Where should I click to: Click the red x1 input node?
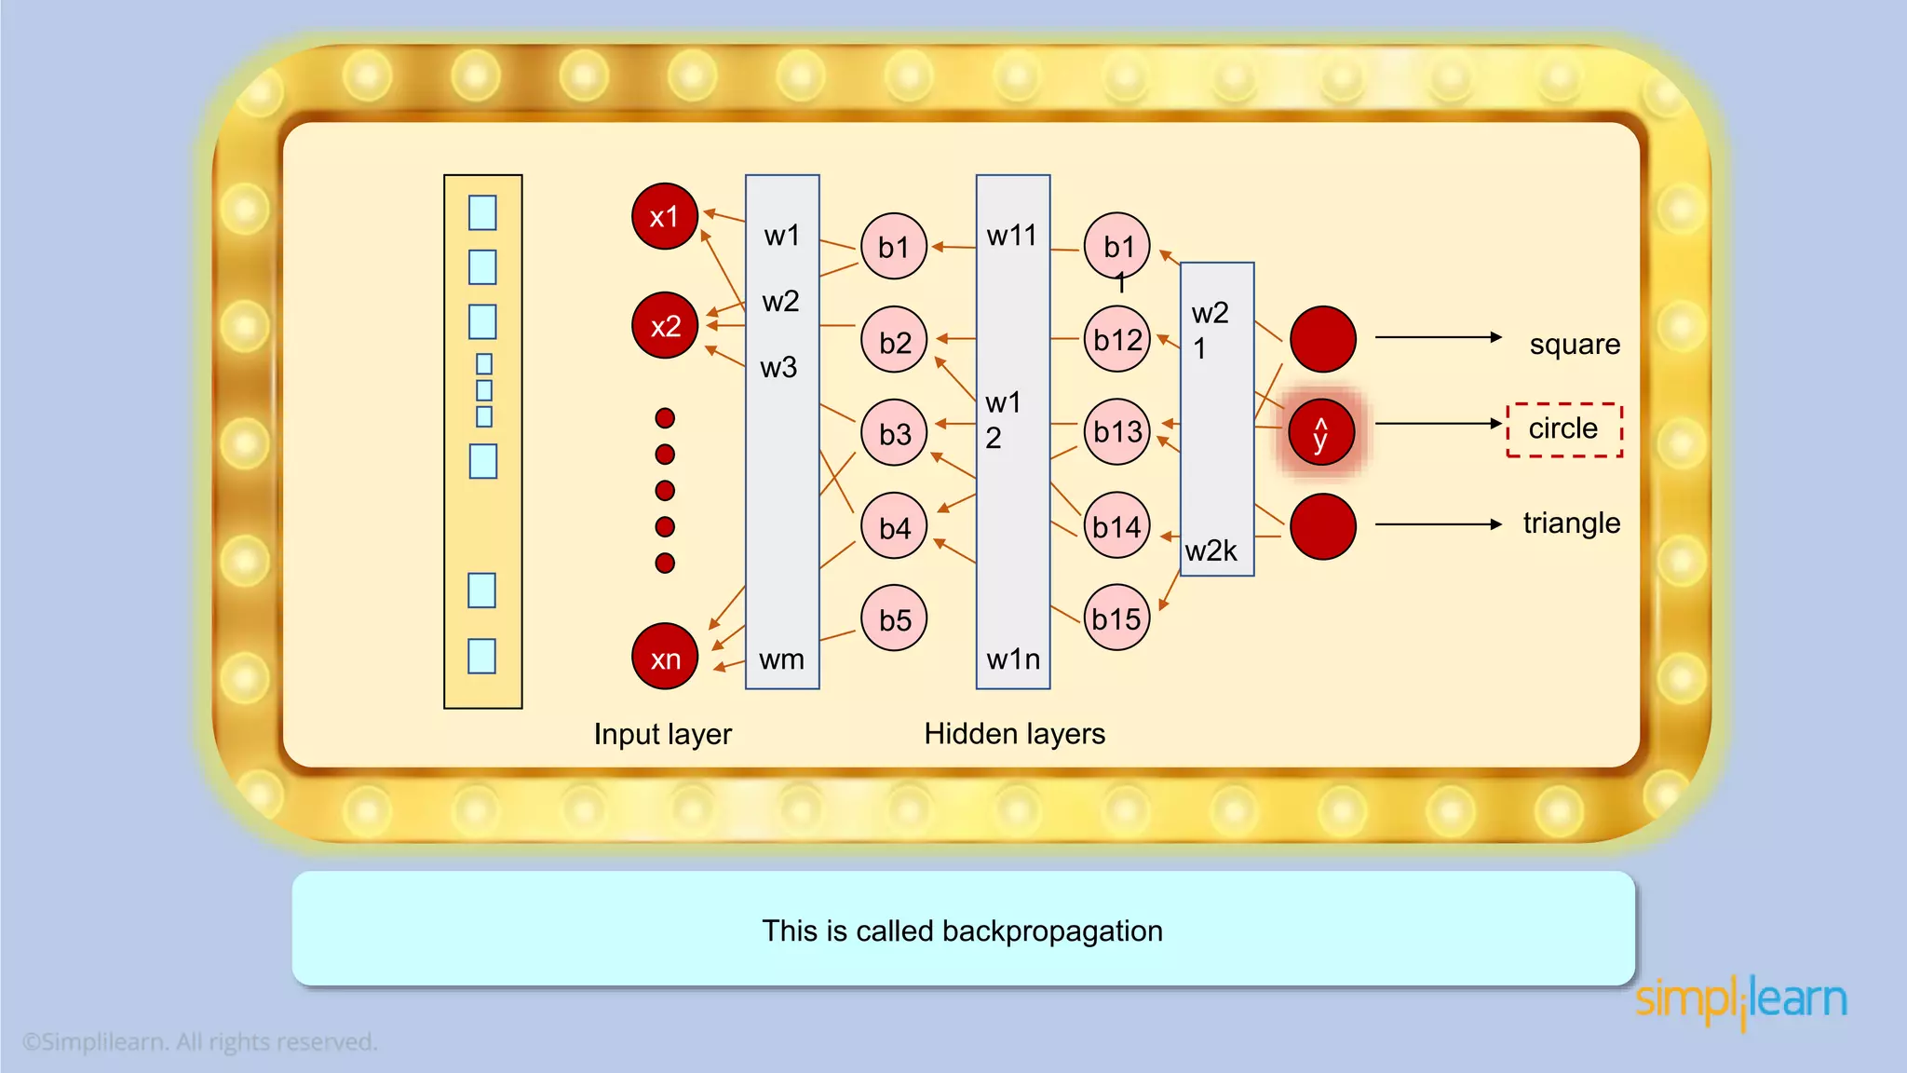[x=664, y=216]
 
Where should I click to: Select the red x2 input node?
[x=664, y=326]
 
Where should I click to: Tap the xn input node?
[x=664, y=657]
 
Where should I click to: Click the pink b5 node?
[x=894, y=618]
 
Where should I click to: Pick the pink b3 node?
[x=894, y=433]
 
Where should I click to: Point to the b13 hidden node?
[x=1117, y=431]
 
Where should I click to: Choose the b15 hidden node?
[x=1116, y=618]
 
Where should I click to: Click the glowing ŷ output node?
[x=1321, y=432]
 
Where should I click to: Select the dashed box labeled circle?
[x=1564, y=429]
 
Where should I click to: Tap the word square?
[x=1575, y=345]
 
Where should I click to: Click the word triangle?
[x=1571, y=523]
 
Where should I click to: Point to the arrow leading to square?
[x=1438, y=337]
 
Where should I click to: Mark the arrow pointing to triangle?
[x=1438, y=524]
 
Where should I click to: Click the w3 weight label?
[x=778, y=368]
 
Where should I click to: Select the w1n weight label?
[x=1013, y=659]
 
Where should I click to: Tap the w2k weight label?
[x=1210, y=551]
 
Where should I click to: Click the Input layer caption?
[x=662, y=734]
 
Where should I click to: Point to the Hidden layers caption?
[x=1014, y=734]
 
